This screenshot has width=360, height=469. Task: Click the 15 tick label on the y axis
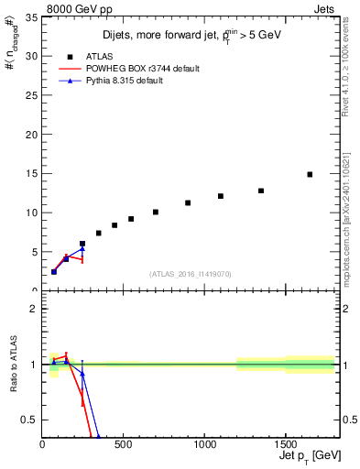32,173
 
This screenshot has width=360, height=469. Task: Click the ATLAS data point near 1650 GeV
310,174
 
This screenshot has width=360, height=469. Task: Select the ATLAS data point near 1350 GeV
261,191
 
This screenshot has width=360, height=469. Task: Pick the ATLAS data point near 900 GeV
188,202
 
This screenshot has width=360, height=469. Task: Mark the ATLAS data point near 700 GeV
156,212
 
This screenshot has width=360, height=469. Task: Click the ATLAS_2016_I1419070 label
190,273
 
